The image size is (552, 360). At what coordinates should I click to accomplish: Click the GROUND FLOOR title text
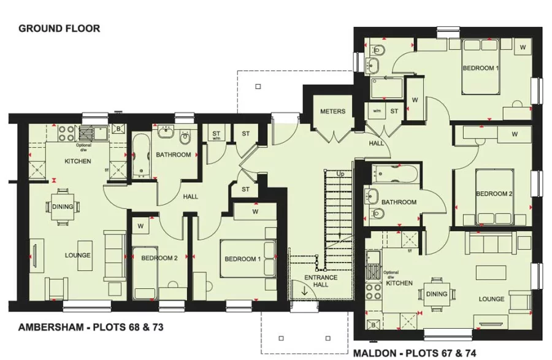(59, 28)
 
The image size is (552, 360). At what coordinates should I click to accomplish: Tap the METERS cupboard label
(332, 112)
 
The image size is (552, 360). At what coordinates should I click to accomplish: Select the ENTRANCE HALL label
(321, 281)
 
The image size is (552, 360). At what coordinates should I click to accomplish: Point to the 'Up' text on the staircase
(340, 174)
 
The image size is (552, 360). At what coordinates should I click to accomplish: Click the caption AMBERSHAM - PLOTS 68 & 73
(91, 327)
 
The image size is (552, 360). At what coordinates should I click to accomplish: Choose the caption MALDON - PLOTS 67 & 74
(415, 353)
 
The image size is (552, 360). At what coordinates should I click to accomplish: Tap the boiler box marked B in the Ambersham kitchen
(118, 129)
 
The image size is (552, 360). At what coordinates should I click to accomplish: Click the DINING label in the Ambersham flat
(63, 207)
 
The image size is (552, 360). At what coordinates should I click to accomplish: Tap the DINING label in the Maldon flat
(437, 294)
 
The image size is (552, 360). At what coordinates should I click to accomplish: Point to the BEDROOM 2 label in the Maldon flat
(494, 194)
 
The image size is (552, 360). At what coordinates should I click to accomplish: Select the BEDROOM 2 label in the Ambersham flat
(159, 258)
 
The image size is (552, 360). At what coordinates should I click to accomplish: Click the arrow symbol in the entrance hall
(305, 291)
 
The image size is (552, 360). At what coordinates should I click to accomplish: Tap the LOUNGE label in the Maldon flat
(491, 299)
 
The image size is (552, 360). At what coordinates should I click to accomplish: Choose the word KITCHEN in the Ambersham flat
(78, 161)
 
